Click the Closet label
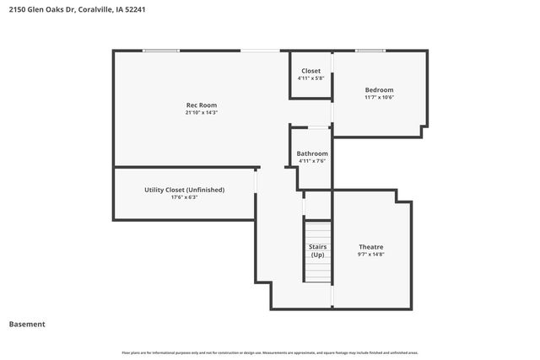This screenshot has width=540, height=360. click(x=310, y=71)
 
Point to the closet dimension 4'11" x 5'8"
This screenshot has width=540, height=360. click(x=310, y=78)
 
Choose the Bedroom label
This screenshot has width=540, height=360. click(x=379, y=90)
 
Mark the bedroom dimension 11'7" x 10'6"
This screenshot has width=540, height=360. click(x=379, y=98)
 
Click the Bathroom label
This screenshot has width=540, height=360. click(x=312, y=153)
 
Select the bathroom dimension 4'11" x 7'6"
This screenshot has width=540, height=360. click(x=312, y=161)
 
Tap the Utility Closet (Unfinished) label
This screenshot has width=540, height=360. click(x=184, y=190)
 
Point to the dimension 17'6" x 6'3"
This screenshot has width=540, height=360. click(x=184, y=198)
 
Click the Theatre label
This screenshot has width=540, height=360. click(x=371, y=246)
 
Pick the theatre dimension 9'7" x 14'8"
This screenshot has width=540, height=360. click(x=371, y=254)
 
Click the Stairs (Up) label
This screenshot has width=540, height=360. click(x=317, y=250)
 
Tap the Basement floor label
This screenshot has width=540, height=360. click(x=27, y=324)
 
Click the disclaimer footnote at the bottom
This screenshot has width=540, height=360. click(x=270, y=352)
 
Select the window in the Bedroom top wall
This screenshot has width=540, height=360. click(x=370, y=51)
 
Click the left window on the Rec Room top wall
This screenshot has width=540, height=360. click(x=160, y=51)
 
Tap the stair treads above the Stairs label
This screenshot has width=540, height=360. click(x=317, y=230)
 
